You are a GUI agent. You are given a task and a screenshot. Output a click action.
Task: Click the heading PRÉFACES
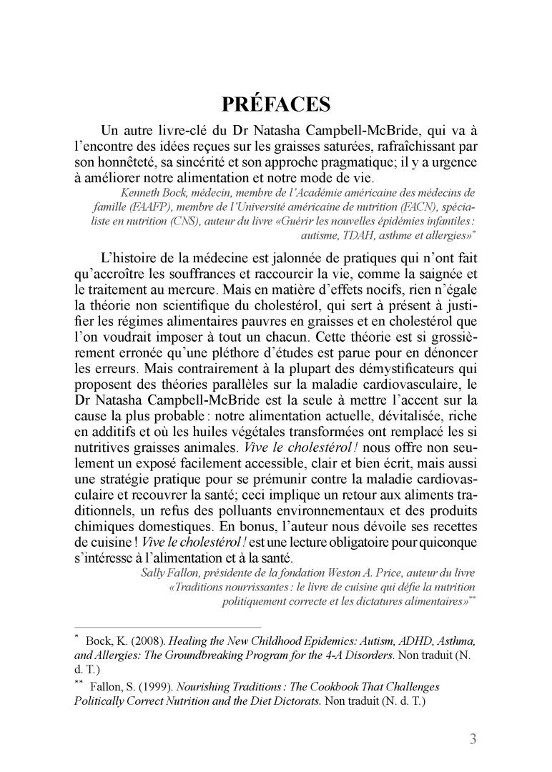tap(276, 105)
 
